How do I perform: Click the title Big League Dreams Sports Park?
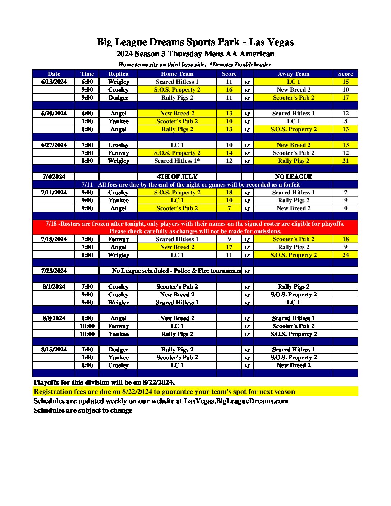point(195,42)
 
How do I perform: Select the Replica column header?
point(118,74)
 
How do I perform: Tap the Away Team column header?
point(293,74)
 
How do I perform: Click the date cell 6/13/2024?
point(54,82)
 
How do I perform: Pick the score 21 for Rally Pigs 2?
point(345,161)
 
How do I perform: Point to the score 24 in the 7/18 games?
point(345,255)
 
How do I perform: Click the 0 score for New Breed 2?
point(345,208)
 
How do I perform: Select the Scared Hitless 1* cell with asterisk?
point(177,161)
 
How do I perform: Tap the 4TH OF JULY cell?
point(177,176)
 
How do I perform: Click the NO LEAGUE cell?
point(293,176)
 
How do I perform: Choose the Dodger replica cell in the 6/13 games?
point(118,97)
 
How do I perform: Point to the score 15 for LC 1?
point(345,82)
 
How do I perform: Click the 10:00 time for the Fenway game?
point(87,326)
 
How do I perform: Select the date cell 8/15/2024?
point(54,349)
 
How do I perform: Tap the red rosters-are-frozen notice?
point(195,227)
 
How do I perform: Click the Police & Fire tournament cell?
point(176,271)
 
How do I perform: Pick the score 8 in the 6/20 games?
point(345,121)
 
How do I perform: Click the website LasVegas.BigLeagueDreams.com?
point(236,401)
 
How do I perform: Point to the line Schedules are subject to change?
point(83,410)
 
